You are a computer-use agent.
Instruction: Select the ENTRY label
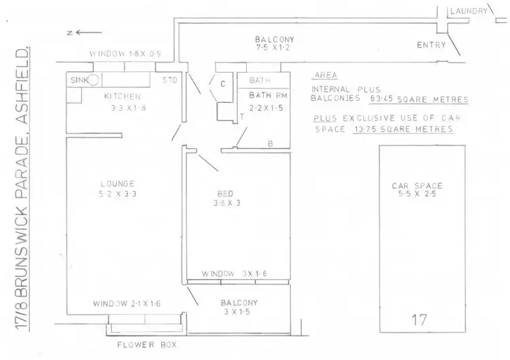click(431, 46)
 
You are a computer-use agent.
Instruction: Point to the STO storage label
click(169, 80)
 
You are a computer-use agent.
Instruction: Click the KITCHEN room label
click(122, 97)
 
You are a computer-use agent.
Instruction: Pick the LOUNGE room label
click(116, 184)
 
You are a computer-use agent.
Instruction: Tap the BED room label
click(225, 193)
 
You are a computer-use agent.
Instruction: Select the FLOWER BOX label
click(146, 345)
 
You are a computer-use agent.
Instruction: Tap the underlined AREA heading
click(325, 76)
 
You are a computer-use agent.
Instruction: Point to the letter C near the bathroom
click(222, 84)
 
